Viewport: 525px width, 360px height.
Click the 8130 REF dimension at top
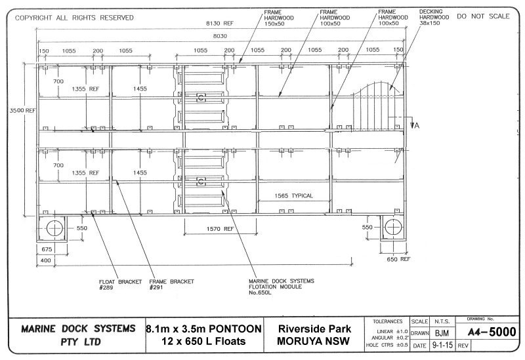220,24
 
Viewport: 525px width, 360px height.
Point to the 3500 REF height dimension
14,111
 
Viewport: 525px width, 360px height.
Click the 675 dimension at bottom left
47,250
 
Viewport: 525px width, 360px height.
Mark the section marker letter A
415,125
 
